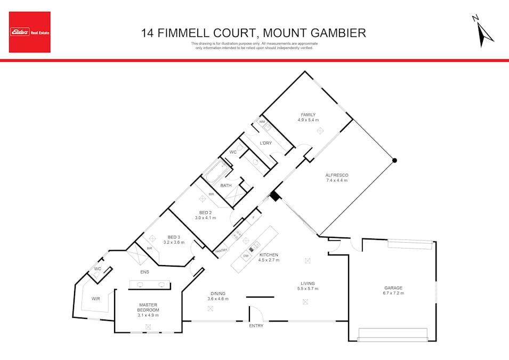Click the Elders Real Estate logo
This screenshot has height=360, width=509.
(30, 32)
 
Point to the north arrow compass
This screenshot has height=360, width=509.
(483, 31)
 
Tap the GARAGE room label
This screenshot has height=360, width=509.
(393, 288)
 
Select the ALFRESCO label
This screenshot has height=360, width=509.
(336, 175)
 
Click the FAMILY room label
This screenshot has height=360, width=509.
(308, 115)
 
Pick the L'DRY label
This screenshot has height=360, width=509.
(265, 143)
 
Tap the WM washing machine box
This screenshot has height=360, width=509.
(262, 122)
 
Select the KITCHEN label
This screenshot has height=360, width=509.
(269, 255)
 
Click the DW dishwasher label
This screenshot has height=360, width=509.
(246, 256)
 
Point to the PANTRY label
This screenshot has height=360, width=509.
(221, 250)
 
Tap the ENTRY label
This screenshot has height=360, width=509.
(256, 326)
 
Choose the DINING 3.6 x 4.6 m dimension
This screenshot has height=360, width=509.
(217, 299)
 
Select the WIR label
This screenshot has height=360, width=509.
(96, 299)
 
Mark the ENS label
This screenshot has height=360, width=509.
(144, 272)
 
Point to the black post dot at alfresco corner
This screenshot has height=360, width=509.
(394, 160)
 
